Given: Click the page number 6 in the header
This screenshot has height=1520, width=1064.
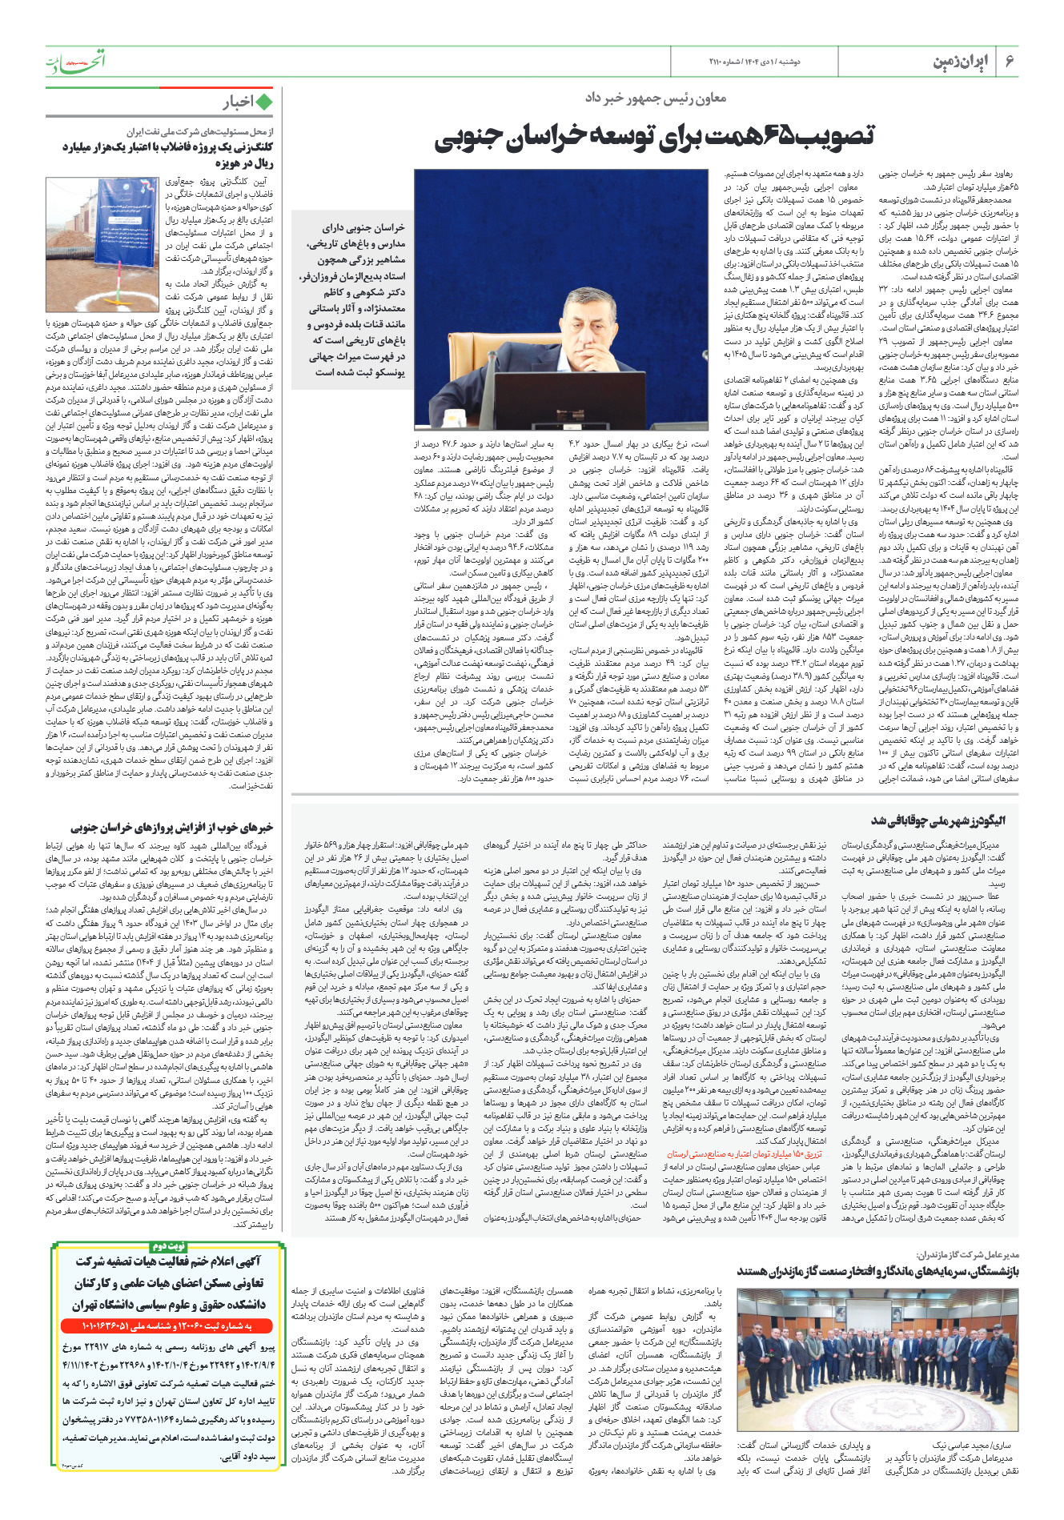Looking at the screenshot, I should pyautogui.click(x=1010, y=61).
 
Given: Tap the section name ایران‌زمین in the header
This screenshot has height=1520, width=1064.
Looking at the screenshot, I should pyautogui.click(x=961, y=62).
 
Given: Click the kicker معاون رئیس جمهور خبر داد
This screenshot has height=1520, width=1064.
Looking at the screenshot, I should pyautogui.click(x=655, y=98).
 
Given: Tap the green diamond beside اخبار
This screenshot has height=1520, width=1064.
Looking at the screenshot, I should pyautogui.click(x=263, y=102).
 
